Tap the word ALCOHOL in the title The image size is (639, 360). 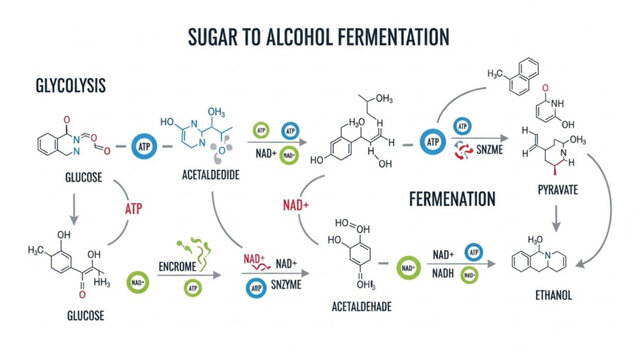(304, 38)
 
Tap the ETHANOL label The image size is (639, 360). (553, 296)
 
